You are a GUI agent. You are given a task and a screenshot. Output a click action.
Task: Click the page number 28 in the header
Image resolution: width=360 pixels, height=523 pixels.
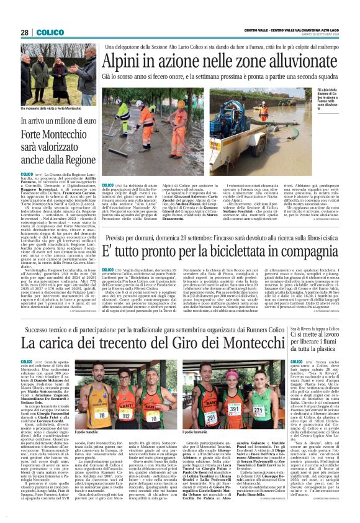pos(24,32)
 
